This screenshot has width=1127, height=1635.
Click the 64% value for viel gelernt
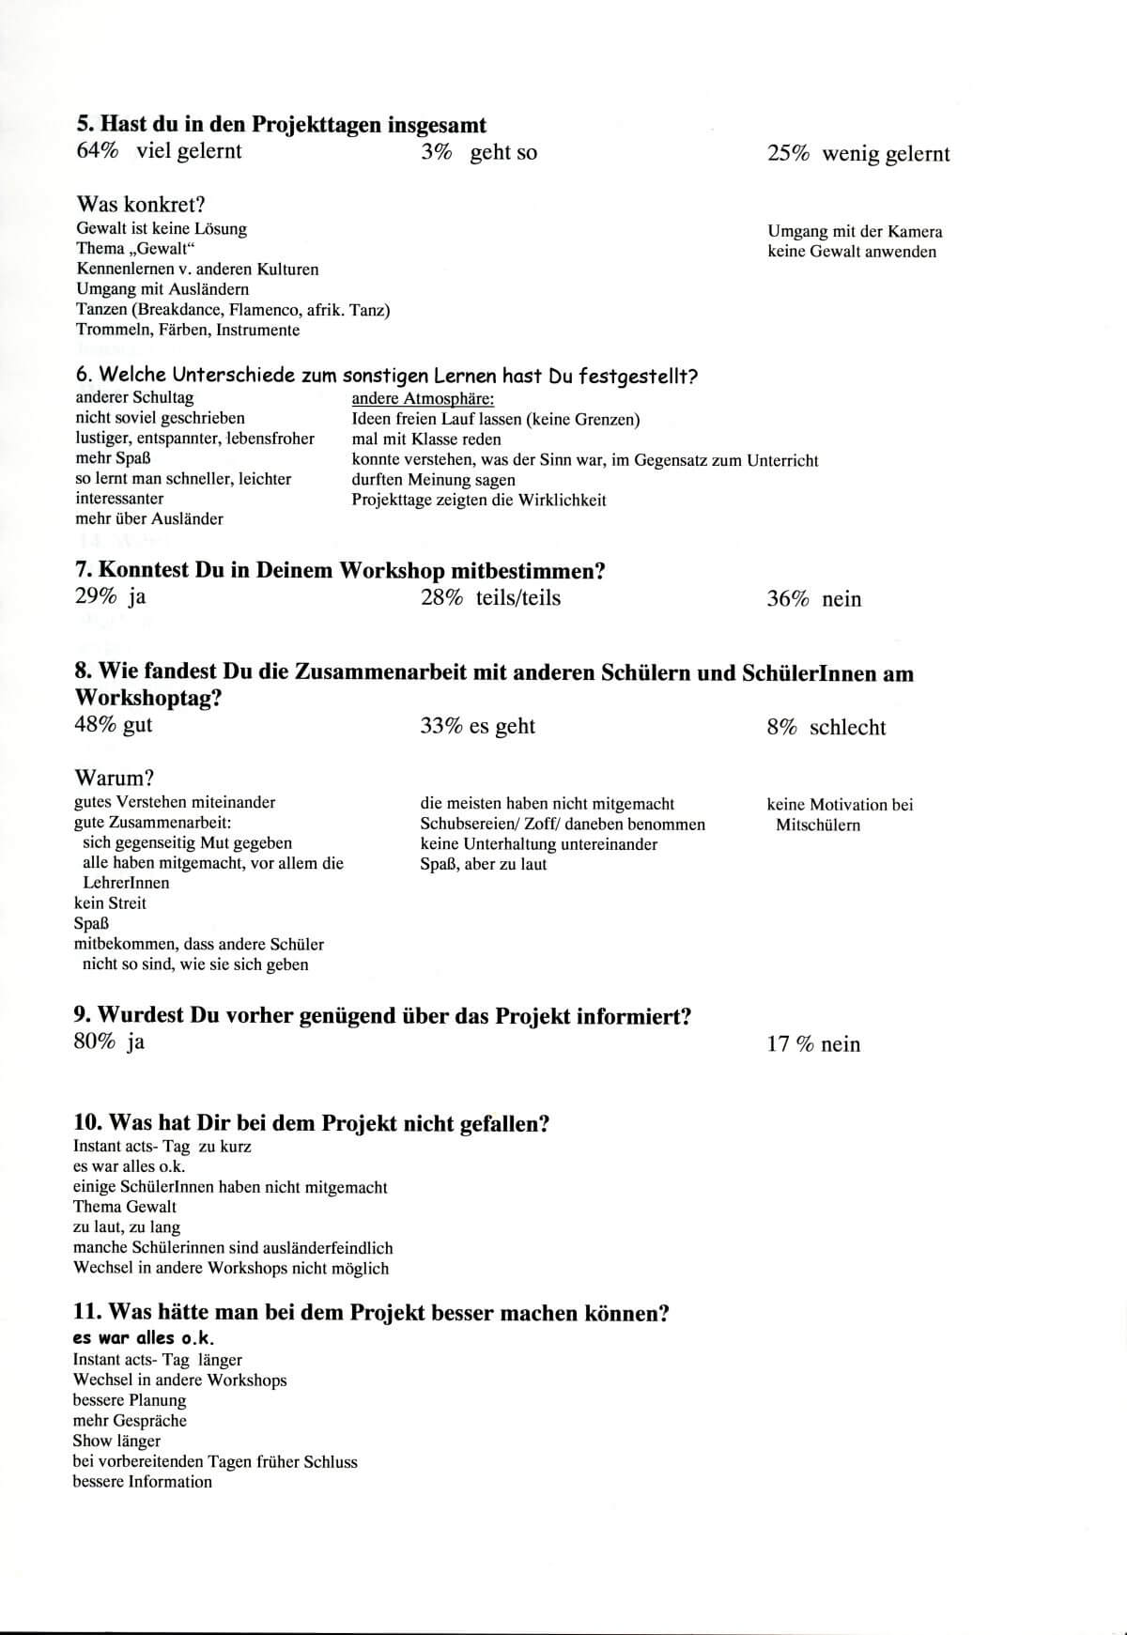(97, 151)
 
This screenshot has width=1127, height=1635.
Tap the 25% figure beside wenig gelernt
(788, 154)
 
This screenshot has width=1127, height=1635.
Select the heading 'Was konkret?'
(140, 204)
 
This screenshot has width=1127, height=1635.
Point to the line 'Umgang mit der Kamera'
(855, 231)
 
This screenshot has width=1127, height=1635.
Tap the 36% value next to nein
(787, 599)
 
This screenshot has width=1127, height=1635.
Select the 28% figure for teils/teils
(441, 598)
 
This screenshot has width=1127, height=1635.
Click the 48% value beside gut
(95, 725)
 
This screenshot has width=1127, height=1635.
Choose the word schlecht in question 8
(847, 727)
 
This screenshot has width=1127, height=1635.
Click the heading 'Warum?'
(115, 778)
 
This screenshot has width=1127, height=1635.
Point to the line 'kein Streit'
(110, 902)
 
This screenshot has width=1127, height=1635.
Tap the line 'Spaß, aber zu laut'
(483, 864)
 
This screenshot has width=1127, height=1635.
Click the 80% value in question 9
(95, 1041)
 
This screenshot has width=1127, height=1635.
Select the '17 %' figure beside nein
(790, 1044)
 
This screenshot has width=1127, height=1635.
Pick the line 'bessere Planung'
(130, 1400)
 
